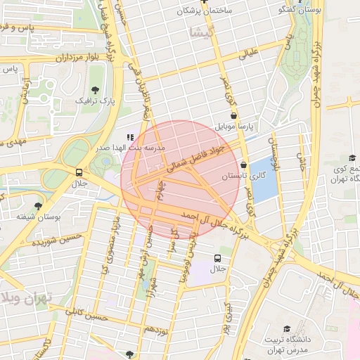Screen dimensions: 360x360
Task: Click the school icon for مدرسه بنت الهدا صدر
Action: click(129, 138)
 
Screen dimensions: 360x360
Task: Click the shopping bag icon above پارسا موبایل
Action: click(233, 116)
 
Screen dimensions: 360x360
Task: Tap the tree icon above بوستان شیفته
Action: click(38, 206)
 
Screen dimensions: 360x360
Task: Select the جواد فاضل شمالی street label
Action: click(198, 158)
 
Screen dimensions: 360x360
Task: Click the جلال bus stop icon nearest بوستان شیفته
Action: click(79, 172)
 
